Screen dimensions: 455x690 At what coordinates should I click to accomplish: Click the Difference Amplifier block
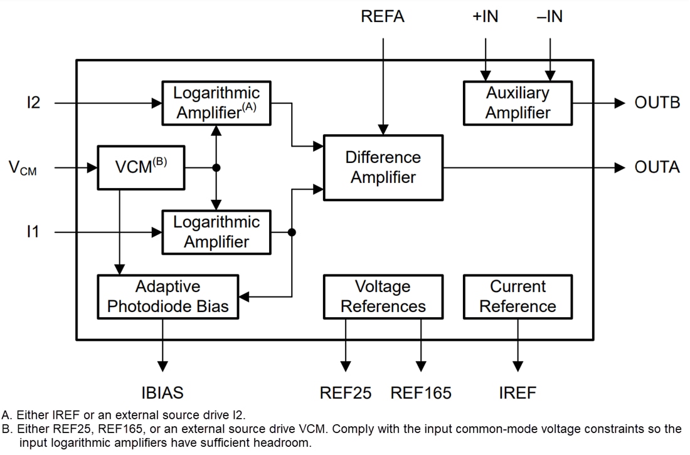[x=383, y=167]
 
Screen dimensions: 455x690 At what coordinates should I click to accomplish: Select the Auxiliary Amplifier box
[x=517, y=103]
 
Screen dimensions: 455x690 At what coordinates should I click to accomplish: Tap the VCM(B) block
[x=141, y=167]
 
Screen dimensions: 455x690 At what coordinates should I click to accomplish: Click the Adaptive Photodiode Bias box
[x=168, y=296]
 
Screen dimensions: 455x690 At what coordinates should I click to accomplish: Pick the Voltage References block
[x=383, y=296]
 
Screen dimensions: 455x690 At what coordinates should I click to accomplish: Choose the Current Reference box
[x=517, y=296]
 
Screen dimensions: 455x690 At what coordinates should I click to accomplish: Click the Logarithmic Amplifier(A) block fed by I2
[x=216, y=103]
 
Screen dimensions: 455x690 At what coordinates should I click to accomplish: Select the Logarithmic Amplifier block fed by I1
[x=216, y=232]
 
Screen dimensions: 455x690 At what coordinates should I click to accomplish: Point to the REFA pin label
[x=383, y=17]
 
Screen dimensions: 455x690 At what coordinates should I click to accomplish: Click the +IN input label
[x=485, y=17]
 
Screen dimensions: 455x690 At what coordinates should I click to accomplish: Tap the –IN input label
[x=549, y=17]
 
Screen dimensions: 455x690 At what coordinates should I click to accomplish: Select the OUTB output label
[x=657, y=103]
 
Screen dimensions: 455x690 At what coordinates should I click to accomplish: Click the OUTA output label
[x=657, y=167]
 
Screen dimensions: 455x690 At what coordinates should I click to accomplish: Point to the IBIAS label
[x=162, y=393]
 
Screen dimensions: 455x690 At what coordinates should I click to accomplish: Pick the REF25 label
[x=346, y=393]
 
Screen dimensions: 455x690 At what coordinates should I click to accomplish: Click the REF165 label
[x=421, y=393]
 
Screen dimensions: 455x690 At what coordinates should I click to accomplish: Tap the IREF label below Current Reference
[x=517, y=393]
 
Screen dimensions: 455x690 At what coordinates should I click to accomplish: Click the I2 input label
[x=33, y=103]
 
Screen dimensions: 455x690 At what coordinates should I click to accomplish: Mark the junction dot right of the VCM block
[x=216, y=167]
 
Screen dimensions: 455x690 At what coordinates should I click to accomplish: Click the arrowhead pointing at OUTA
[x=620, y=167]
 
